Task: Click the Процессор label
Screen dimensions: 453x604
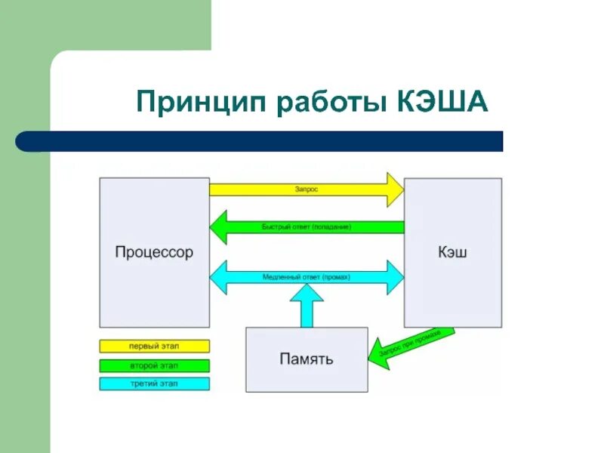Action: (x=154, y=252)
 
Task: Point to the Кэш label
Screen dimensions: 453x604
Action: (x=452, y=252)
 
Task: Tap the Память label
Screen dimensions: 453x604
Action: (x=307, y=359)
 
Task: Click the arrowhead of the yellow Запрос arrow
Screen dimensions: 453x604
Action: (x=395, y=190)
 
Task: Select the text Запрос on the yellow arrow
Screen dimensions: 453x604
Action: (x=307, y=190)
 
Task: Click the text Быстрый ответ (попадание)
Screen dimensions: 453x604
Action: (x=307, y=226)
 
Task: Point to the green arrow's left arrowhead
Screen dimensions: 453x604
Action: (x=218, y=226)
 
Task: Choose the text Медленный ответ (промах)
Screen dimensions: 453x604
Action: (x=307, y=277)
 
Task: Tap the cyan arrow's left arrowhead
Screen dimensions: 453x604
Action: (x=218, y=277)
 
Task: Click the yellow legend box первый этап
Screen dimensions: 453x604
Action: (x=154, y=347)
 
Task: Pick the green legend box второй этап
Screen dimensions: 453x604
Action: (x=154, y=365)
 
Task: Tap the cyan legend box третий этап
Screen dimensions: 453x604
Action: (x=154, y=384)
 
